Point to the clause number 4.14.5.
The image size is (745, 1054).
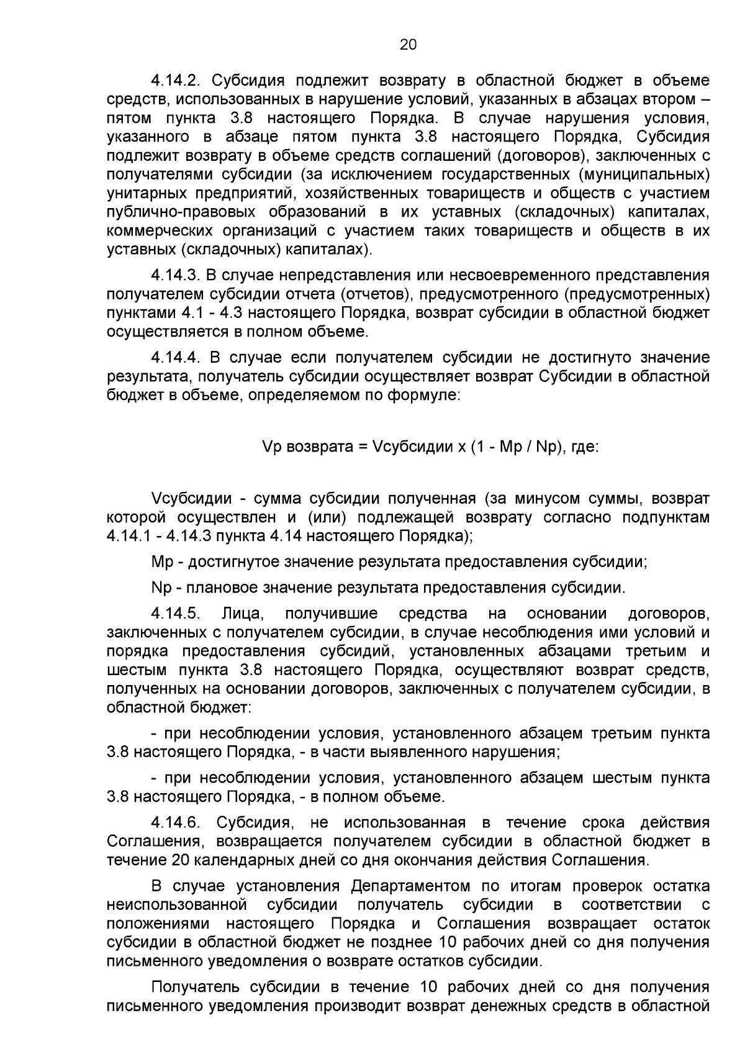175,614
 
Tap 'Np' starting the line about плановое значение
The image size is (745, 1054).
161,588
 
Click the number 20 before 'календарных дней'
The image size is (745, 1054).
176,860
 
